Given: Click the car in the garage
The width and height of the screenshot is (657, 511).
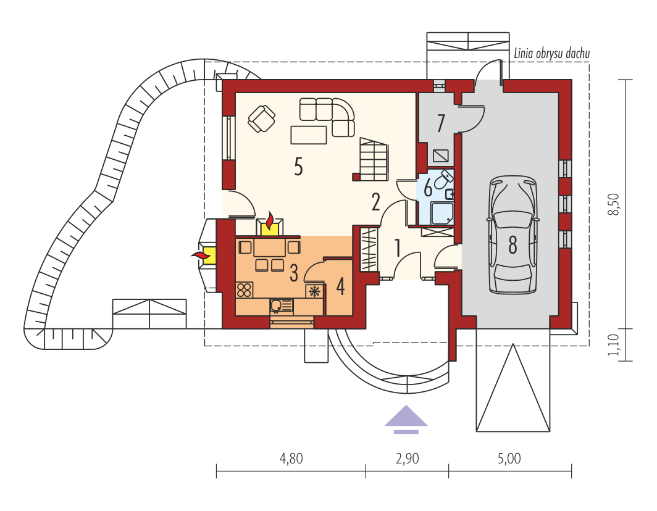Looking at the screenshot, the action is pyautogui.click(x=513, y=235).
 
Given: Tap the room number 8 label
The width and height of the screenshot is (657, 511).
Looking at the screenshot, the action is pyautogui.click(x=513, y=245).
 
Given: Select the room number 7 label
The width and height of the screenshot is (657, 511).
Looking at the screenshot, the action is pyautogui.click(x=440, y=123).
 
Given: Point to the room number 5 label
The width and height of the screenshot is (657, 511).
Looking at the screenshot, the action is pyautogui.click(x=298, y=167).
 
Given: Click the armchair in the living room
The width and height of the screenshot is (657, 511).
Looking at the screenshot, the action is pyautogui.click(x=261, y=118).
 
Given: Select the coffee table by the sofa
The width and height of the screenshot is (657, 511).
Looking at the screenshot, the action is pyautogui.click(x=309, y=135).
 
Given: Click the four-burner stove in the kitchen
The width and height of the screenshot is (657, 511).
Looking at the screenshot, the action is pyautogui.click(x=245, y=290).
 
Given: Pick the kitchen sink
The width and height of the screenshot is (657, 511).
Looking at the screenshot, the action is pyautogui.click(x=281, y=306).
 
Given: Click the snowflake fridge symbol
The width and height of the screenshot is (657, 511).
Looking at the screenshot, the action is pyautogui.click(x=315, y=291).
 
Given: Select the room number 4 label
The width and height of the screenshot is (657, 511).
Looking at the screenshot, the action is pyautogui.click(x=340, y=287).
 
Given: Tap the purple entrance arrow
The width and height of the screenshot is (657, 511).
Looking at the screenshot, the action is pyautogui.click(x=406, y=419).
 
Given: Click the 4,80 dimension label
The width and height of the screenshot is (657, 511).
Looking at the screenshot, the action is pyautogui.click(x=291, y=459).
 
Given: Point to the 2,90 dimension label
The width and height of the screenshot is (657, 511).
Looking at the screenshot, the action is pyautogui.click(x=408, y=459).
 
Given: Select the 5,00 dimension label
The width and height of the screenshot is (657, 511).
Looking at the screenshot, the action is pyautogui.click(x=509, y=459).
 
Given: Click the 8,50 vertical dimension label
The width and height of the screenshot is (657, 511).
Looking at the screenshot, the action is pyautogui.click(x=613, y=204).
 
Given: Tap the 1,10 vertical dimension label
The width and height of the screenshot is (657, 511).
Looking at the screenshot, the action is pyautogui.click(x=613, y=345).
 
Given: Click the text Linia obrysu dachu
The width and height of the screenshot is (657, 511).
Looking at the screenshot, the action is pyautogui.click(x=552, y=53).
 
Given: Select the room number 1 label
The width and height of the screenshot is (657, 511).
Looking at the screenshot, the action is pyautogui.click(x=398, y=247).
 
